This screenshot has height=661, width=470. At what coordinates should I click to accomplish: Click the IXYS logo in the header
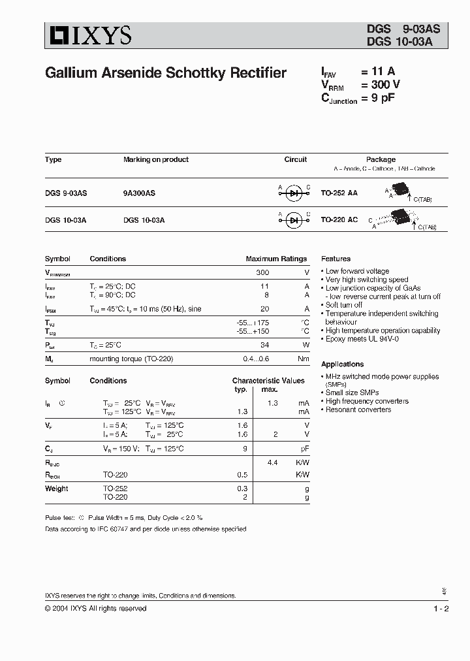[88, 35]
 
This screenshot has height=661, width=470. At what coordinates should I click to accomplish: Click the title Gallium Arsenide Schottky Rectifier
[166, 73]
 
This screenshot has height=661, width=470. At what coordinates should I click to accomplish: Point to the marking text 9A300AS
[139, 193]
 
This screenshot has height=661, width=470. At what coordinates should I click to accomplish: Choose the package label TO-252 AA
[339, 193]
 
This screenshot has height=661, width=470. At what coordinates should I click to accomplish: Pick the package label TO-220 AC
[339, 220]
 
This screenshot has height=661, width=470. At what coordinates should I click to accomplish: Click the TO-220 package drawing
[396, 217]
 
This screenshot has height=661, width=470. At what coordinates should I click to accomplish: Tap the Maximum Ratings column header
[275, 259]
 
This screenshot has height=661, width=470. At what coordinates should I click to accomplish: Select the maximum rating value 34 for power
[264, 345]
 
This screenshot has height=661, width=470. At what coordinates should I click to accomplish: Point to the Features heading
[336, 259]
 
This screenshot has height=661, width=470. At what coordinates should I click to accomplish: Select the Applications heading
[342, 364]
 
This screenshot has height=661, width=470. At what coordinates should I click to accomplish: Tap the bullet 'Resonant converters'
[358, 410]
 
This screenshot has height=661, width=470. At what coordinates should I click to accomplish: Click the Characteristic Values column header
[268, 381]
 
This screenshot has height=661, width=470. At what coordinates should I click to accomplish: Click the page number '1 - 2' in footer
[441, 609]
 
